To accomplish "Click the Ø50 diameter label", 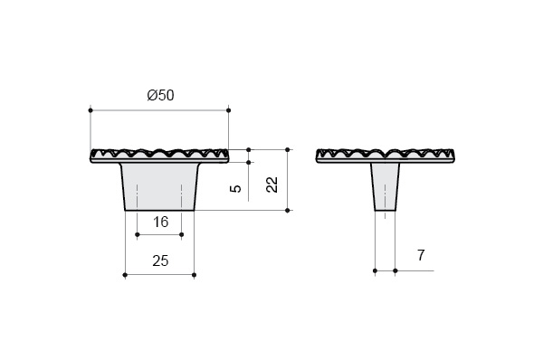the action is click(x=160, y=95).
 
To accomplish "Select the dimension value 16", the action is click(x=161, y=222).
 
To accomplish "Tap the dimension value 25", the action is click(x=160, y=261).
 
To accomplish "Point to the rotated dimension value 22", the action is click(x=272, y=185).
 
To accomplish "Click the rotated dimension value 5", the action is click(x=235, y=189).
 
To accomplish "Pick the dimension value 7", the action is click(x=421, y=255).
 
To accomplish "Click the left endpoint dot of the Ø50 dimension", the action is click(x=90, y=110).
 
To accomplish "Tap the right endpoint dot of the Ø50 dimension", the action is click(x=228, y=110).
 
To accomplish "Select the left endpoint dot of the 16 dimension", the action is click(x=138, y=234).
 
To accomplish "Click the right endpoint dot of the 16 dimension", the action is click(x=182, y=234).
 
